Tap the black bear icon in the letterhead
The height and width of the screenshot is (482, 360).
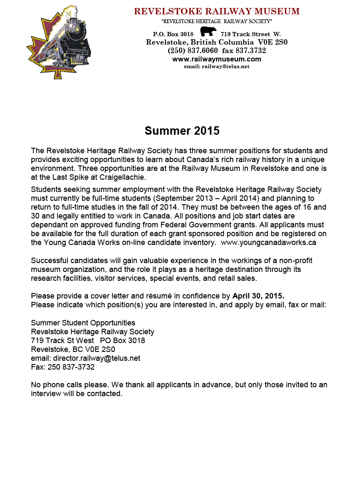click(x=208, y=32)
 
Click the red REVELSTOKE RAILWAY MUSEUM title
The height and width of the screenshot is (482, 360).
click(x=217, y=11)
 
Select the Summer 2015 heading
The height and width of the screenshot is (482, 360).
click(x=182, y=130)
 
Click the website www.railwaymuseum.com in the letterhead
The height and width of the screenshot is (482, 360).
click(x=217, y=59)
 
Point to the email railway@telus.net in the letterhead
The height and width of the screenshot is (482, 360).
click(x=217, y=67)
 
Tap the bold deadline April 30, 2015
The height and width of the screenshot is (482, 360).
click(x=258, y=295)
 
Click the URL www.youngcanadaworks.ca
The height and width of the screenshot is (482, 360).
click(x=268, y=242)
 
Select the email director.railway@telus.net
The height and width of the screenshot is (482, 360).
click(x=96, y=358)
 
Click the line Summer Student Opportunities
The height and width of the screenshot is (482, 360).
click(x=83, y=323)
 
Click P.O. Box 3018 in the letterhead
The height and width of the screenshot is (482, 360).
click(x=173, y=34)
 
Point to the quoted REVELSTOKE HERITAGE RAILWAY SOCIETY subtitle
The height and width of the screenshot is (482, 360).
click(x=217, y=21)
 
